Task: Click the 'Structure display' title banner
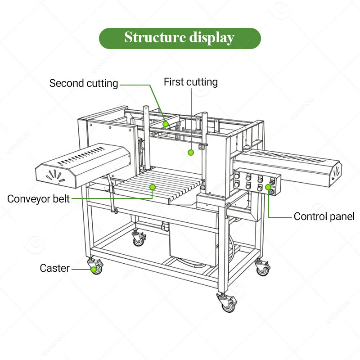[180, 38]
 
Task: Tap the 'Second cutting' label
[84, 83]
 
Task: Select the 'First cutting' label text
[191, 82]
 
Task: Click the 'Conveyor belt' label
[38, 199]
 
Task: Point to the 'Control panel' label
[324, 216]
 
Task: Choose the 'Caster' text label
[54, 268]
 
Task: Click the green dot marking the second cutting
[166, 124]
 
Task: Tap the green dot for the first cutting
[191, 153]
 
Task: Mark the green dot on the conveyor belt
[153, 187]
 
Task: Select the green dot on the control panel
[268, 187]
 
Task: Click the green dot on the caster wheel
[94, 270]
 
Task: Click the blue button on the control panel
[271, 192]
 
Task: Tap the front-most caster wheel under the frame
[227, 302]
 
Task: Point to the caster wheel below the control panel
[263, 268]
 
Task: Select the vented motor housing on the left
[83, 166]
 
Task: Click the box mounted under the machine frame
[193, 245]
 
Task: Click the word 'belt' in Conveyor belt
[61, 199]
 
